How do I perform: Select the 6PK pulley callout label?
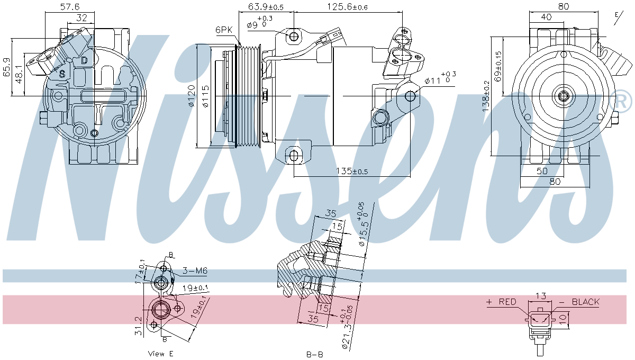[223, 30]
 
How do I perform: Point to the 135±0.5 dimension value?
[352, 171]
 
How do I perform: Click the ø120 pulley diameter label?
[192, 96]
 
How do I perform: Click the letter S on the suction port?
[62, 74]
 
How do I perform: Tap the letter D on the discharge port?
[84, 60]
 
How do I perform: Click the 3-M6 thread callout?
[195, 271]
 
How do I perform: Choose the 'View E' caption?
[161, 353]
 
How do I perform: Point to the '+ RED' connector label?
[501, 302]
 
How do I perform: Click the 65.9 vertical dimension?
[6, 67]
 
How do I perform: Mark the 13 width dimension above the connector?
[540, 295]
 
